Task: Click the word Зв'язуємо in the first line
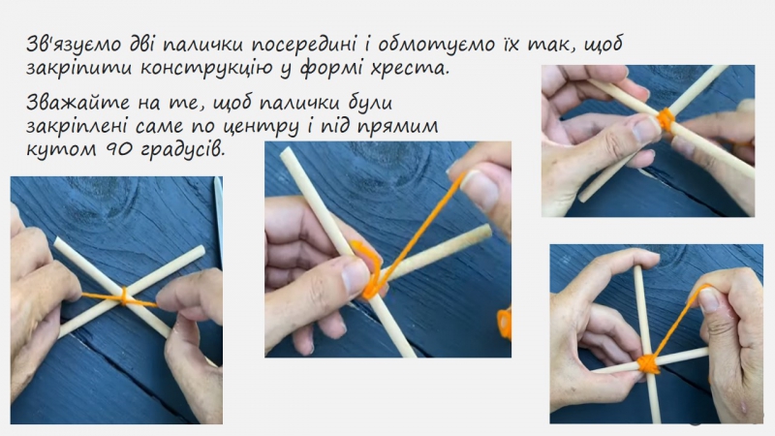coord(74,44)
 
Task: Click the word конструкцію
coord(205,67)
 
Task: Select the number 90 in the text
coord(118,149)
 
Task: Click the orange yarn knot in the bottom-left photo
coord(124,297)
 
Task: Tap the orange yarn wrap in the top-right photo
coord(666,119)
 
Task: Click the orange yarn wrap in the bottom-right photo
coord(648,363)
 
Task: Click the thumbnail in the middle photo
coord(355,276)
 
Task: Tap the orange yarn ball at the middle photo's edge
coord(505,323)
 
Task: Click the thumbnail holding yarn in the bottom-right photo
coord(708,299)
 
